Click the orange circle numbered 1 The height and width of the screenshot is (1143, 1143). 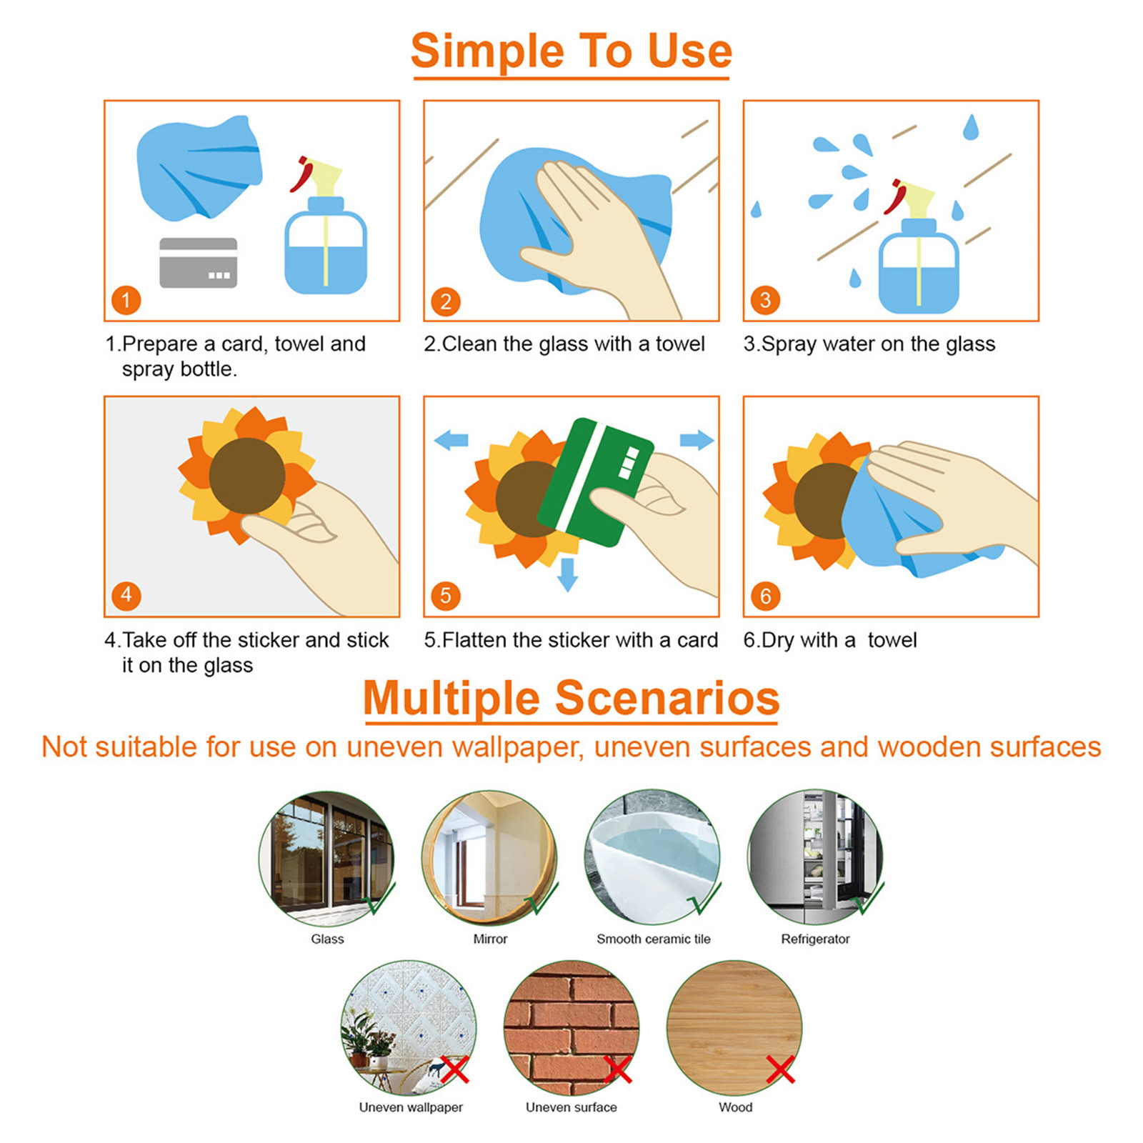[126, 300]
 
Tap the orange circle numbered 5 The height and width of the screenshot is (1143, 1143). [445, 596]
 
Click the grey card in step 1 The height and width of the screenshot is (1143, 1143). [198, 263]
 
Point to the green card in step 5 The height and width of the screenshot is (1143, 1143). [595, 481]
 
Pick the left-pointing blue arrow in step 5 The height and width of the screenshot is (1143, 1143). [451, 440]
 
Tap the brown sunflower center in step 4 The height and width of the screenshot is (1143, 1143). [247, 476]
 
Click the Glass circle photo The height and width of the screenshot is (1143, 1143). [326, 859]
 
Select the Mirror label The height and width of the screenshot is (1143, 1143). [490, 939]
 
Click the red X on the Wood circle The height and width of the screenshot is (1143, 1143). [780, 1069]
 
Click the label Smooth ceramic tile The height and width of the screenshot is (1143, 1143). [654, 939]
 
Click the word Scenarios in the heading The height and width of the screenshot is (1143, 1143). [667, 698]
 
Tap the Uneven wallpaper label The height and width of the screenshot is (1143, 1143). [411, 1107]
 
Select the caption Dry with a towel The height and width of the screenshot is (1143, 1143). [830, 640]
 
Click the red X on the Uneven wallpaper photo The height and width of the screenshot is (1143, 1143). [454, 1069]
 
